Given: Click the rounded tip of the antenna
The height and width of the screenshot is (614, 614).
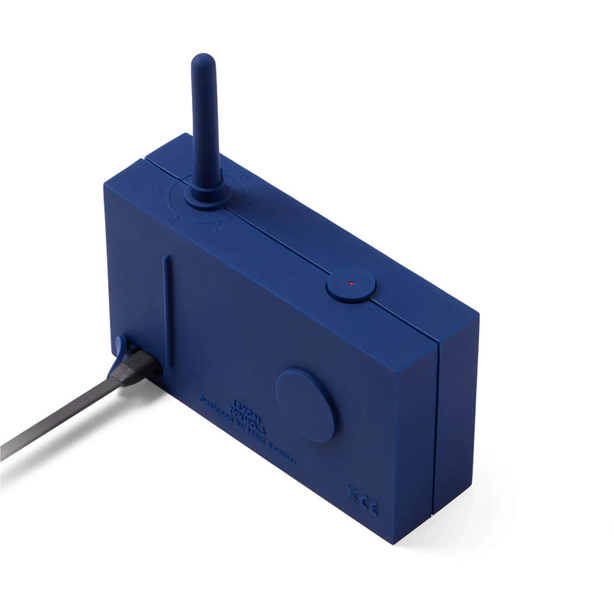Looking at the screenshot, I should [203, 61].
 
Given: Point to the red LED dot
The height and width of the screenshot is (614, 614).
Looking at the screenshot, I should [351, 284].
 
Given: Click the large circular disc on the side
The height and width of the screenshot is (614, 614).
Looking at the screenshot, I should [305, 404].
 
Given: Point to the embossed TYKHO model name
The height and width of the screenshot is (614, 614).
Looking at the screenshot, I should [216, 396].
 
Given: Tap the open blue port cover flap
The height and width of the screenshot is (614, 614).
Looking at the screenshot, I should [121, 347].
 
